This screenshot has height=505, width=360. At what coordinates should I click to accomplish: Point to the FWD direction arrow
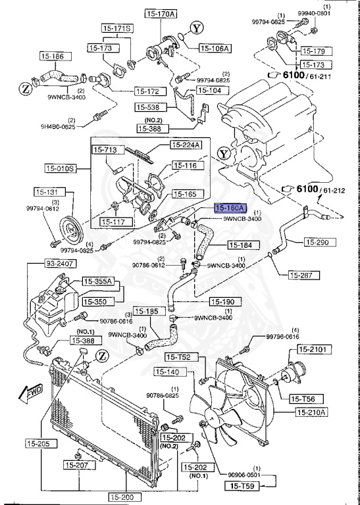(x=32, y=393)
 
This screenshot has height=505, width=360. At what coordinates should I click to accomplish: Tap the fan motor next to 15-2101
(x=290, y=375)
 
